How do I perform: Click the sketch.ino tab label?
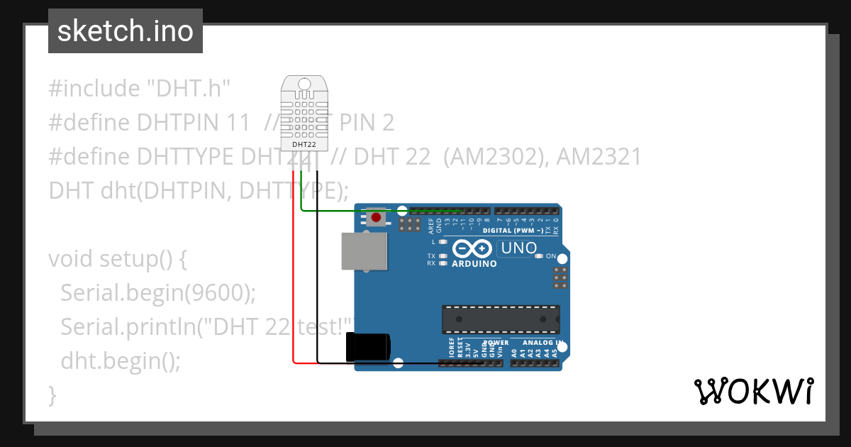coord(125,31)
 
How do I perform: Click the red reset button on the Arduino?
coord(376,217)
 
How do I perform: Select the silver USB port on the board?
coord(365,251)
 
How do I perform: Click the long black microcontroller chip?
coord(501,319)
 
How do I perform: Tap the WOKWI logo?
coord(753,391)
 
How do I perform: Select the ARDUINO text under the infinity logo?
coord(474,264)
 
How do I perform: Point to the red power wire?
coord(294,284)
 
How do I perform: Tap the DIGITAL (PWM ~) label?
coord(513,231)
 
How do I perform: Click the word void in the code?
coord(71,258)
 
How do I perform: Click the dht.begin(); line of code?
coord(121,360)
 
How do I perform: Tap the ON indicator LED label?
coord(551,255)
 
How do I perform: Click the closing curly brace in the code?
coord(52,394)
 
